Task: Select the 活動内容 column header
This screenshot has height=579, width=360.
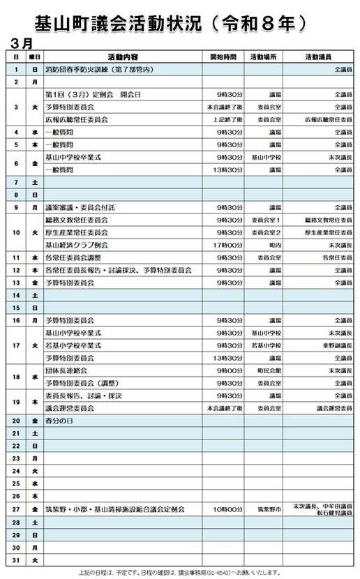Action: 123,57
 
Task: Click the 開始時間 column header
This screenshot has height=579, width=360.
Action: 223,57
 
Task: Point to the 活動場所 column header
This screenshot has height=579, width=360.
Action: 264,57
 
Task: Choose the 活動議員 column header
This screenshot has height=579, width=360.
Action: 318,57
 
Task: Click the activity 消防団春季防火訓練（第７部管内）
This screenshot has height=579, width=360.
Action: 98,69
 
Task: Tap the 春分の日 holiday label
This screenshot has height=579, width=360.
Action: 59,421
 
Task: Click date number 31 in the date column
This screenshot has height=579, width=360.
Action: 15,559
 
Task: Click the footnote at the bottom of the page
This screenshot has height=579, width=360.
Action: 179,572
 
